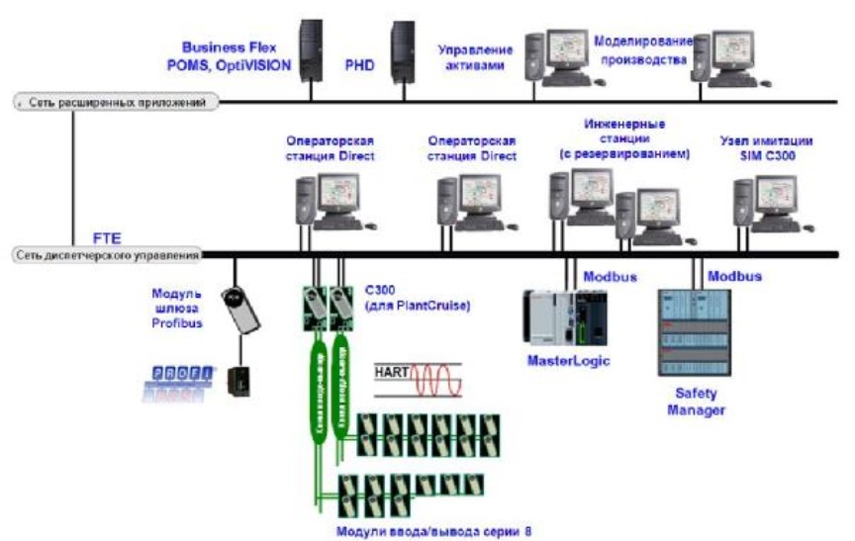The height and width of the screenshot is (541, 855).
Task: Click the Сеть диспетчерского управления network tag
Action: coord(106,254)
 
